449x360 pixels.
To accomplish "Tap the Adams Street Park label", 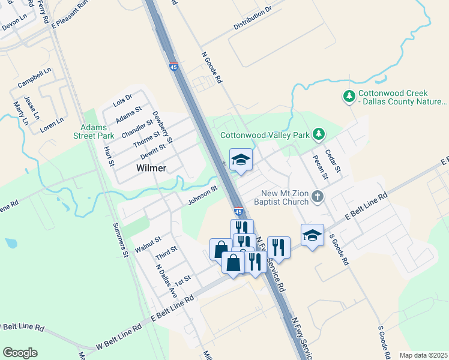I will [95, 131].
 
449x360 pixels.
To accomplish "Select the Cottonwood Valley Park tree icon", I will [321, 134].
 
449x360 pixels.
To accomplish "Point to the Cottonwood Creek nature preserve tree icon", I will [348, 97].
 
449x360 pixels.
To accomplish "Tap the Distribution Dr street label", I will [252, 19].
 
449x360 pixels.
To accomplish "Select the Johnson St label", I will [202, 194].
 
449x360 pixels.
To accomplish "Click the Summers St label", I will [121, 240].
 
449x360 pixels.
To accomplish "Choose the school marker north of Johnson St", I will [241, 160].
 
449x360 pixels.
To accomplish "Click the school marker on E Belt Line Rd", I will [312, 236].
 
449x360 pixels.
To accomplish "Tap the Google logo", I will [20, 353].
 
